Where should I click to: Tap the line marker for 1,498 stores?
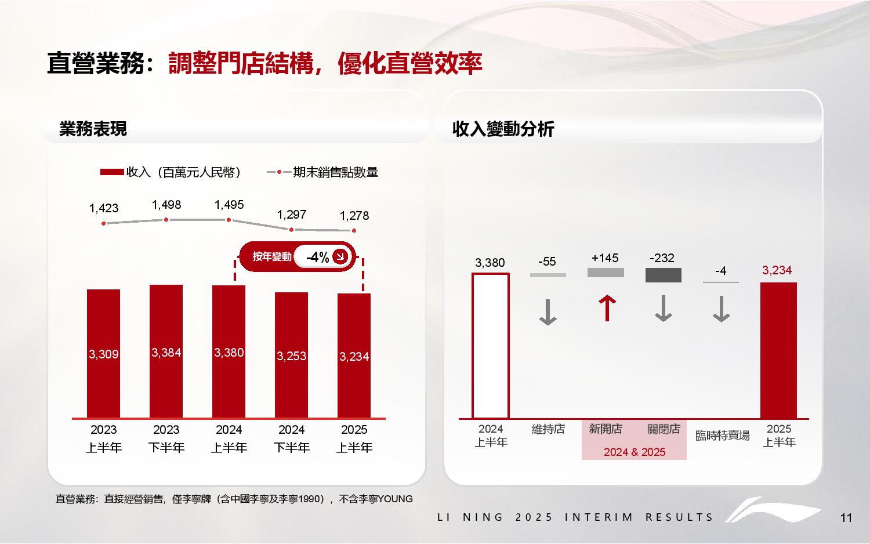[166, 219]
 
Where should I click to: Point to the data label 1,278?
[354, 216]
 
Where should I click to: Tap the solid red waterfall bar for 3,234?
[778, 350]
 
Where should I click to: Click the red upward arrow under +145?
[607, 308]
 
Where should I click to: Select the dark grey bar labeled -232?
[664, 275]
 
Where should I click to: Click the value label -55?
[547, 262]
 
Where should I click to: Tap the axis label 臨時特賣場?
[722, 436]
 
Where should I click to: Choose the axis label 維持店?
[548, 429]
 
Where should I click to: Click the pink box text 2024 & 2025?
[634, 452]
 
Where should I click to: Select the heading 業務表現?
[93, 129]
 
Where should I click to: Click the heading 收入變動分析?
[503, 129]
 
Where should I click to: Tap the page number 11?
[846, 518]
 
